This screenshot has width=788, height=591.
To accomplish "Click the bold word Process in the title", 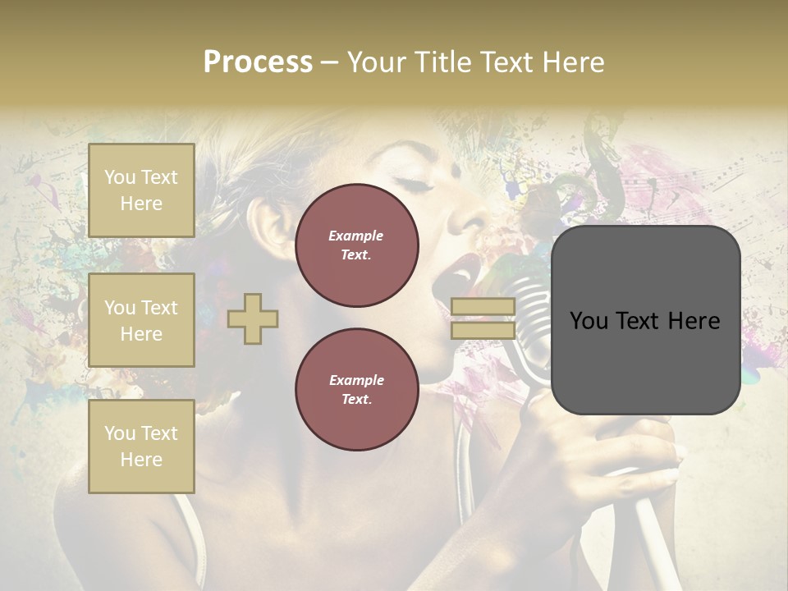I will point(258,62).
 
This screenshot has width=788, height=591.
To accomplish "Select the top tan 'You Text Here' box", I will point(141,190).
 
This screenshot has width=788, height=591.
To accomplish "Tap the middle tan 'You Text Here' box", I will point(141,320).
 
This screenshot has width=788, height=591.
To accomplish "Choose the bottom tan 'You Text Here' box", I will point(141,447).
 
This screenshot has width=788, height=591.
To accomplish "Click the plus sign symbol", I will point(253,318).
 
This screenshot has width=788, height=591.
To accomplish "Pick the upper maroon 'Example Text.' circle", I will point(357,245).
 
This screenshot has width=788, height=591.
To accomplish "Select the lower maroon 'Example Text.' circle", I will point(357,390).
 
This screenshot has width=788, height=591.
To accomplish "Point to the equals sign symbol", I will point(483,318).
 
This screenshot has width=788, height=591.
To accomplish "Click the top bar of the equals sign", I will point(483,306).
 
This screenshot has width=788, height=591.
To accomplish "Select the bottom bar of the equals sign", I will point(483,331).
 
